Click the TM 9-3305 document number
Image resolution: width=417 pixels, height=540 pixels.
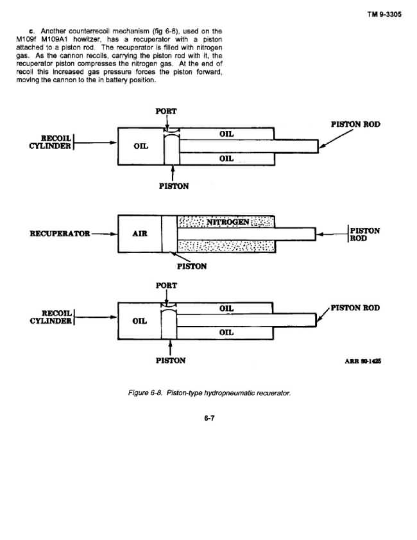click(x=384, y=14)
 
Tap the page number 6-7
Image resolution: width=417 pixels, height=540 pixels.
click(x=209, y=418)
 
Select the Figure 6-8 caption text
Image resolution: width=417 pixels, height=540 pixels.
click(x=209, y=392)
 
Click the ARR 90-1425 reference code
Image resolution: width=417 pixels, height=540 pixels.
click(x=362, y=361)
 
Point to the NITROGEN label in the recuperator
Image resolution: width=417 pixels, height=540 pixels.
click(x=228, y=222)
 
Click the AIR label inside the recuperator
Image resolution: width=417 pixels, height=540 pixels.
click(x=140, y=234)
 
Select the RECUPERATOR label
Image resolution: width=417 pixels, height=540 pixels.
click(x=60, y=234)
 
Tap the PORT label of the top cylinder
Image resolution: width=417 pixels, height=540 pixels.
click(x=166, y=111)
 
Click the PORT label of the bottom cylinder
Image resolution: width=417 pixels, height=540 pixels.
click(x=166, y=286)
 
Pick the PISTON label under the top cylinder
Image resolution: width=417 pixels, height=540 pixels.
click(x=174, y=186)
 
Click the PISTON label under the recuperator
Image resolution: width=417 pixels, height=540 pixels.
click(x=192, y=266)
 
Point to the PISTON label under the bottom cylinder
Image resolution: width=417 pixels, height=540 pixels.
click(x=171, y=361)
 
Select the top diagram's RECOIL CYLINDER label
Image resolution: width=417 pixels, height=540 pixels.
click(x=50, y=142)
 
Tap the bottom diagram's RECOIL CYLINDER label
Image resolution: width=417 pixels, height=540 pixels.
click(x=51, y=317)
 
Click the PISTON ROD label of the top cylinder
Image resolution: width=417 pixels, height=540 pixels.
click(x=355, y=125)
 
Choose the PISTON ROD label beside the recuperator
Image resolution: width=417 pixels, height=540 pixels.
click(x=364, y=234)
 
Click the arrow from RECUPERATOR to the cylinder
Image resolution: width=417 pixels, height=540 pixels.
click(x=105, y=234)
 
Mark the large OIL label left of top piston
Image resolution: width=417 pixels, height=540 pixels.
click(x=141, y=146)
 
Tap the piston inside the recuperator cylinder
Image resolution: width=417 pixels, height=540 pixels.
click(x=169, y=234)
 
